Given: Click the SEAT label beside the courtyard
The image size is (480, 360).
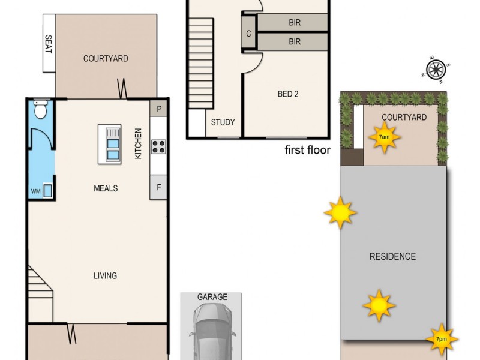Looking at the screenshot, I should coord(49,44).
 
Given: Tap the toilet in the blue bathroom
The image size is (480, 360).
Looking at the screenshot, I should coord(40,110).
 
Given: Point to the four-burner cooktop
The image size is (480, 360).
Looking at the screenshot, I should coord(158,146).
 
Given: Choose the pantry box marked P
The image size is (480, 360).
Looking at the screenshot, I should coord(159,109).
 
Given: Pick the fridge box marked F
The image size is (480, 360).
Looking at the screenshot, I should coord(159,187).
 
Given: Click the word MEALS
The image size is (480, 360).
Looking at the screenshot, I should coord(106,188).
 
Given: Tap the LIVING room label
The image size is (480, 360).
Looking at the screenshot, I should coord(105,276).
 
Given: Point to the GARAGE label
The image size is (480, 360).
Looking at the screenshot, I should coord(212,297).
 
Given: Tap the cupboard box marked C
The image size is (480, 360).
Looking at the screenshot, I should coord(248,34).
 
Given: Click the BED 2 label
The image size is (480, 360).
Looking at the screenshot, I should coord(288,94).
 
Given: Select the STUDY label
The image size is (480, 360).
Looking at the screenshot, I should coord(223,123).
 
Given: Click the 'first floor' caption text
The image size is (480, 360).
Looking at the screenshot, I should coord(307,150).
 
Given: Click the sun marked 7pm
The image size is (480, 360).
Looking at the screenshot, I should coord(442,339).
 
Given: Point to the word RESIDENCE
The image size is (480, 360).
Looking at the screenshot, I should coord(392,257).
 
